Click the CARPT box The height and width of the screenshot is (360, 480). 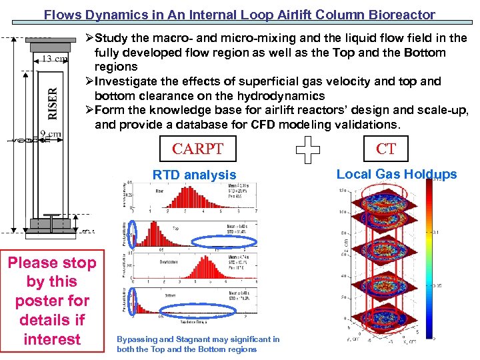[x=197, y=149]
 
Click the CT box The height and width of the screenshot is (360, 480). [x=386, y=148]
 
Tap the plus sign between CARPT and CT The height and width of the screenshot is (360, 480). [x=307, y=152]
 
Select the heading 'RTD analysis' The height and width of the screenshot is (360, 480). [x=194, y=175]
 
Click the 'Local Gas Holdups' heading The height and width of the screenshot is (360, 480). [x=397, y=174]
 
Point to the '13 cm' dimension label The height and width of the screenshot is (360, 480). [x=55, y=59]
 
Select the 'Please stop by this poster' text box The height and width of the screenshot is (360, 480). [x=52, y=301]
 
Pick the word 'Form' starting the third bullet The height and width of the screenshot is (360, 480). [x=109, y=110]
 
